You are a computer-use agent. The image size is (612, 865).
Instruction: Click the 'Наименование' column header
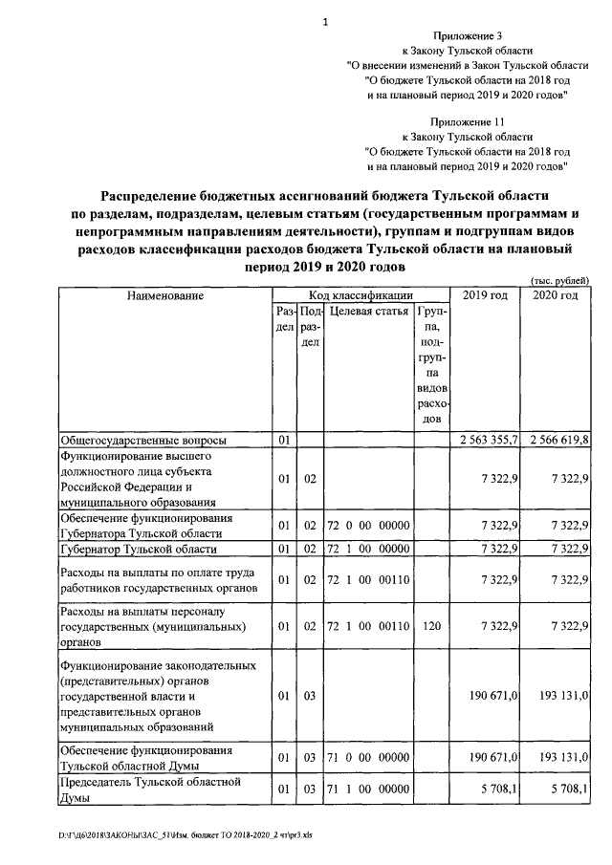[x=165, y=295]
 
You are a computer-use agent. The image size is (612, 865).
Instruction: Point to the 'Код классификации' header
[x=361, y=295]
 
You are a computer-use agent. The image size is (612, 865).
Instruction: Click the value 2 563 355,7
[x=484, y=441]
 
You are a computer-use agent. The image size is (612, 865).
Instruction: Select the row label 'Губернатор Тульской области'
[x=140, y=549]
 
